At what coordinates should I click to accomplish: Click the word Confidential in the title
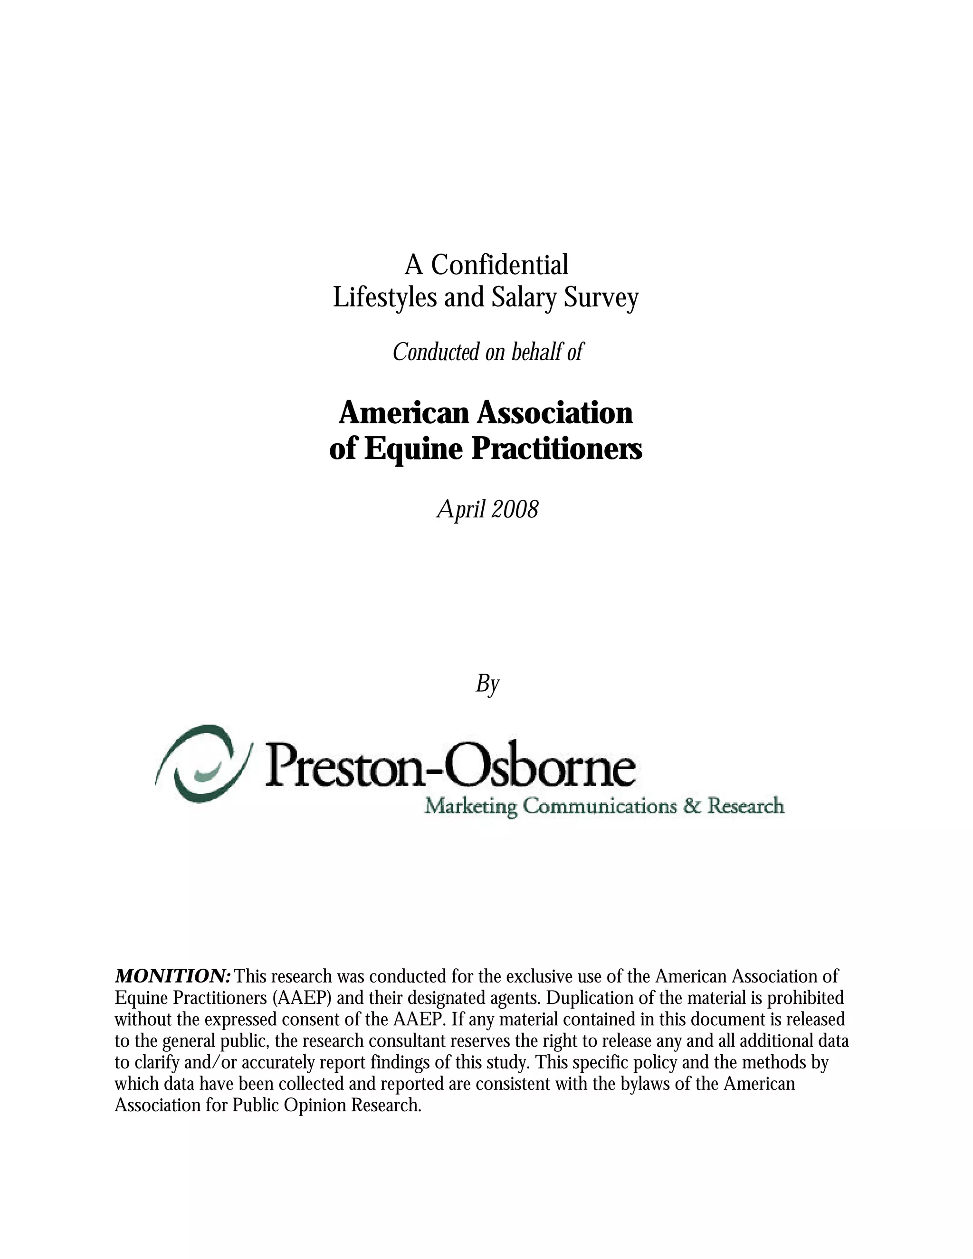[x=499, y=265]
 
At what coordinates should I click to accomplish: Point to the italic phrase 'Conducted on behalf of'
[x=487, y=352]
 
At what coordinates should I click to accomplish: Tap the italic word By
[x=487, y=684]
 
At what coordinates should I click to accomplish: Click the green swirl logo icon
[x=202, y=764]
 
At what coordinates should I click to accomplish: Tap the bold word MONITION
[x=173, y=976]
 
